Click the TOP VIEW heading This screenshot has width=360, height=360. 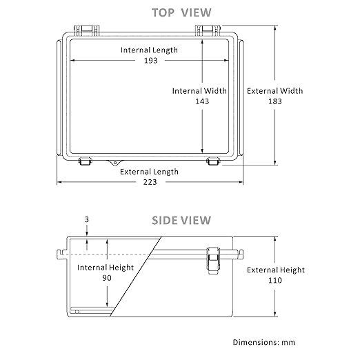(x=181, y=12)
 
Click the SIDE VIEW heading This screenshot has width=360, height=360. (x=181, y=220)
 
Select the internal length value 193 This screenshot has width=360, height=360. (x=151, y=61)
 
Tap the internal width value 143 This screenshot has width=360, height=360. (x=202, y=101)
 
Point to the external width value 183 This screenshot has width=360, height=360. (x=275, y=101)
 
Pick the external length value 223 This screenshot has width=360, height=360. (x=150, y=182)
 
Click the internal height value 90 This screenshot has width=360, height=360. (x=107, y=278)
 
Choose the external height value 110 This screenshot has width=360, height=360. (x=275, y=280)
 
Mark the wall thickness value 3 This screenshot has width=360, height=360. (x=87, y=219)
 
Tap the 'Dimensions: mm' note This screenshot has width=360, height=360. (x=264, y=342)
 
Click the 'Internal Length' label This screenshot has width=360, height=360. (x=149, y=50)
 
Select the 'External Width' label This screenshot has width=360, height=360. (x=275, y=91)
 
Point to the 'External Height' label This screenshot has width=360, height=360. (x=276, y=270)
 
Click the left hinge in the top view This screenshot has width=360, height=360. (x=87, y=30)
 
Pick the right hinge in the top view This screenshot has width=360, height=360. (x=208, y=30)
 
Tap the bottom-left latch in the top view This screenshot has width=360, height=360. (x=85, y=161)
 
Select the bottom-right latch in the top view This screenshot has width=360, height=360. (x=213, y=161)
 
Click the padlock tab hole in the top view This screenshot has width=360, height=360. (x=115, y=163)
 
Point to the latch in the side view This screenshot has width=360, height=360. (x=213, y=260)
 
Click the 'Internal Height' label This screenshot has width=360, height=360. (x=106, y=268)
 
